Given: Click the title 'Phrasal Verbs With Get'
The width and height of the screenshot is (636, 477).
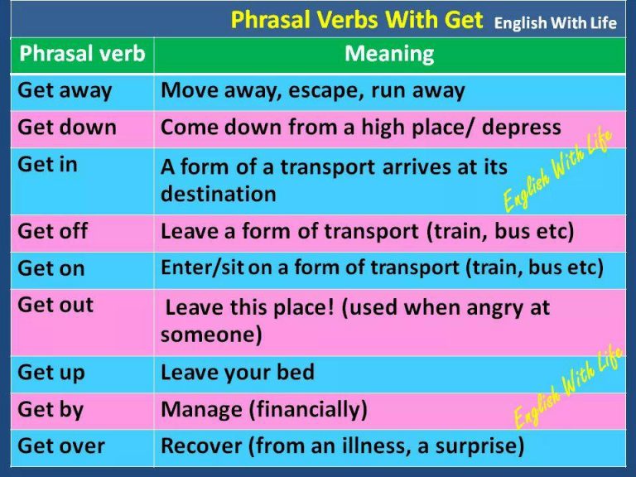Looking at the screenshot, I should pyautogui.click(x=357, y=20).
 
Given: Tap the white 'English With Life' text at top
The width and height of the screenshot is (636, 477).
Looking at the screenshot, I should pyautogui.click(x=555, y=22).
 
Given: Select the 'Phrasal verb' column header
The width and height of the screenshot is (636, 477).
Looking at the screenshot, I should pyautogui.click(x=81, y=55).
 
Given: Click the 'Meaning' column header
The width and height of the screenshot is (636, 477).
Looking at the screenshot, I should pyautogui.click(x=389, y=55).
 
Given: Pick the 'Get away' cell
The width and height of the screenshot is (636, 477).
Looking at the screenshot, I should pyautogui.click(x=65, y=90).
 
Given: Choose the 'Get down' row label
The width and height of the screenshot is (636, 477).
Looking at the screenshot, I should pyautogui.click(x=67, y=128).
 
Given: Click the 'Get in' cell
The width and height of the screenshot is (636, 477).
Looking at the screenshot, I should pyautogui.click(x=47, y=164).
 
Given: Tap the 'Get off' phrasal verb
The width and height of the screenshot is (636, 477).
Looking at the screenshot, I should pyautogui.click(x=52, y=231).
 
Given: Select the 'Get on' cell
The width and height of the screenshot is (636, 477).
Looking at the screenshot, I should pyautogui.click(x=51, y=268).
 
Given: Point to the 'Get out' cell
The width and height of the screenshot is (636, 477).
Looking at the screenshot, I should pyautogui.click(x=55, y=305).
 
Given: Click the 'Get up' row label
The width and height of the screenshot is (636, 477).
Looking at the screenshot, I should pyautogui.click(x=51, y=373).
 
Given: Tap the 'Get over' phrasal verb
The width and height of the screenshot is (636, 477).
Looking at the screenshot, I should pyautogui.click(x=61, y=446).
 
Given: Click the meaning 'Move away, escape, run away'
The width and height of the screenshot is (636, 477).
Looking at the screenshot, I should pyautogui.click(x=313, y=90).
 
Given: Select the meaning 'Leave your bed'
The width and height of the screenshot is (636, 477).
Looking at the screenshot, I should pyautogui.click(x=238, y=373).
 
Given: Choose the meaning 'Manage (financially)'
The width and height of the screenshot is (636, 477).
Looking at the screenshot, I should pyautogui.click(x=264, y=409).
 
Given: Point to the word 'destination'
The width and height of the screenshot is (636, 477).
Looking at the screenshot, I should pyautogui.click(x=219, y=195).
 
